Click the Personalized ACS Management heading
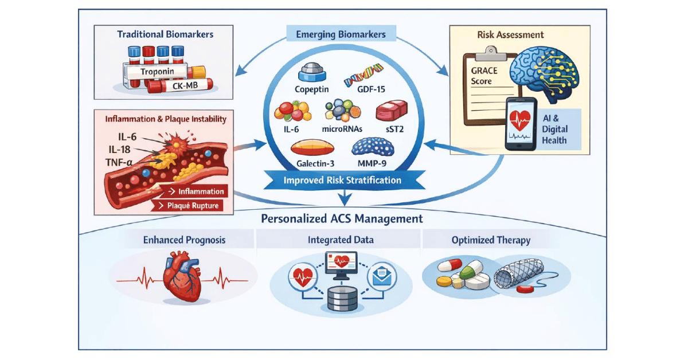[342, 219]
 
